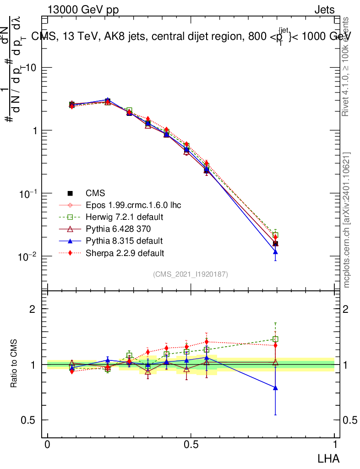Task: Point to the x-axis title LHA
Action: (329, 458)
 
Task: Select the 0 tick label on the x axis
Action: (48, 445)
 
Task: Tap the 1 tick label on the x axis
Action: (334, 445)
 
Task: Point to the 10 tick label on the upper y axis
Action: (30, 68)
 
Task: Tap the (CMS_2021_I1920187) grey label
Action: (191, 274)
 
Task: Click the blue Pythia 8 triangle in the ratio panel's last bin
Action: (275, 387)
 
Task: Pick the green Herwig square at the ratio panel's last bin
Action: (275, 339)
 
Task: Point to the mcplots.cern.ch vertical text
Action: (347, 220)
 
